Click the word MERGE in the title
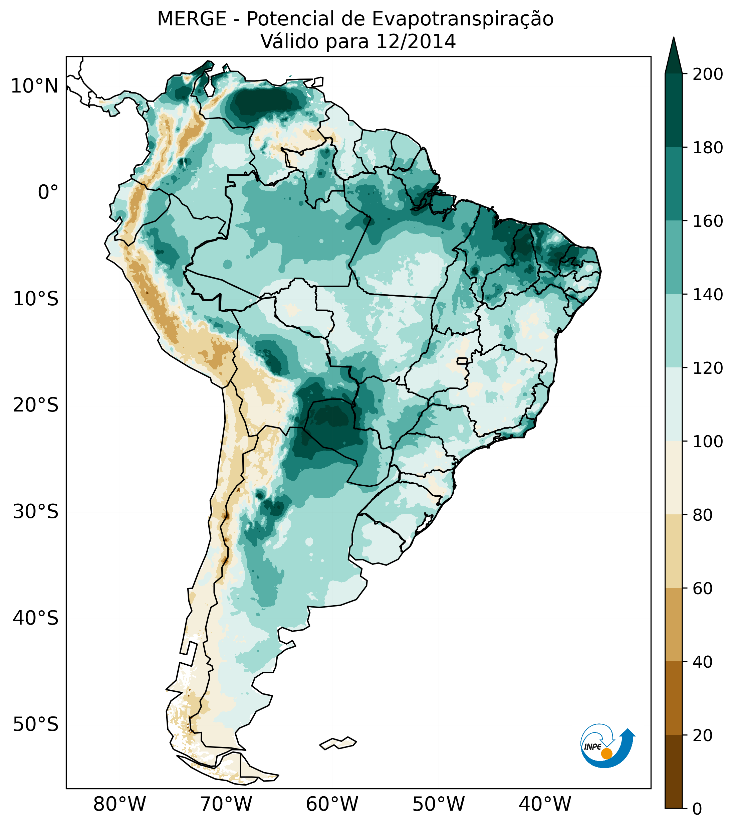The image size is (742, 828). (192, 19)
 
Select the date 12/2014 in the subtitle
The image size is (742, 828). (416, 42)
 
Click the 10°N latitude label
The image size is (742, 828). (34, 87)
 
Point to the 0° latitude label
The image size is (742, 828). (48, 192)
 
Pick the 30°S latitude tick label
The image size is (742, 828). (36, 512)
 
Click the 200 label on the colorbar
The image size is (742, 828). (708, 74)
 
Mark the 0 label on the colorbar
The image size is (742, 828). (697, 809)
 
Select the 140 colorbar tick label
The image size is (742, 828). (708, 295)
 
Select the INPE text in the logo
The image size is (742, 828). (592, 747)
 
